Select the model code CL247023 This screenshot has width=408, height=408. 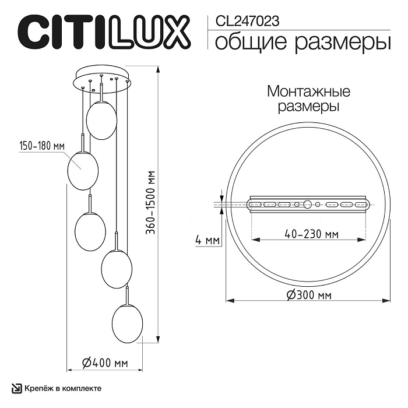[x=247, y=22]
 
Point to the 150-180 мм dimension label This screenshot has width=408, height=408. [x=41, y=146]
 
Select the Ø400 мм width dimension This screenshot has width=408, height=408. [x=105, y=363]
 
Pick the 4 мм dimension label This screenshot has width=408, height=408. [x=207, y=240]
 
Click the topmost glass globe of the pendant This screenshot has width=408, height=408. [x=101, y=120]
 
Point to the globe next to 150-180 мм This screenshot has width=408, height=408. [x=83, y=170]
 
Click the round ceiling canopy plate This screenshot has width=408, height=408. [x=103, y=80]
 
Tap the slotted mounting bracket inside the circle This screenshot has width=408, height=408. [x=308, y=205]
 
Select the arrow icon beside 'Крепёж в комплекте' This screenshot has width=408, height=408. [x=17, y=388]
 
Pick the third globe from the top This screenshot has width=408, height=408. [x=90, y=231]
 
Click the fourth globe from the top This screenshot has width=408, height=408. [x=117, y=268]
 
